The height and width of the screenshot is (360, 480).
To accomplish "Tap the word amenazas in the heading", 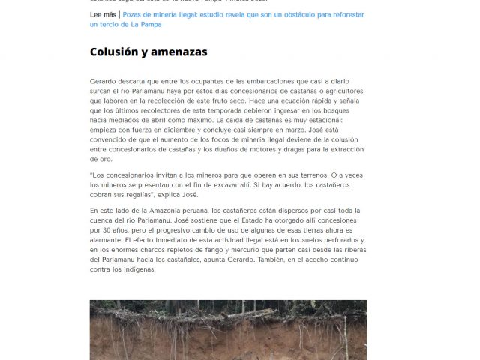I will (x=181, y=52).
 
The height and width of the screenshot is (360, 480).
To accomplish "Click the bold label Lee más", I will (x=102, y=14).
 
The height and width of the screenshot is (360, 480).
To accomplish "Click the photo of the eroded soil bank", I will (x=228, y=330).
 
